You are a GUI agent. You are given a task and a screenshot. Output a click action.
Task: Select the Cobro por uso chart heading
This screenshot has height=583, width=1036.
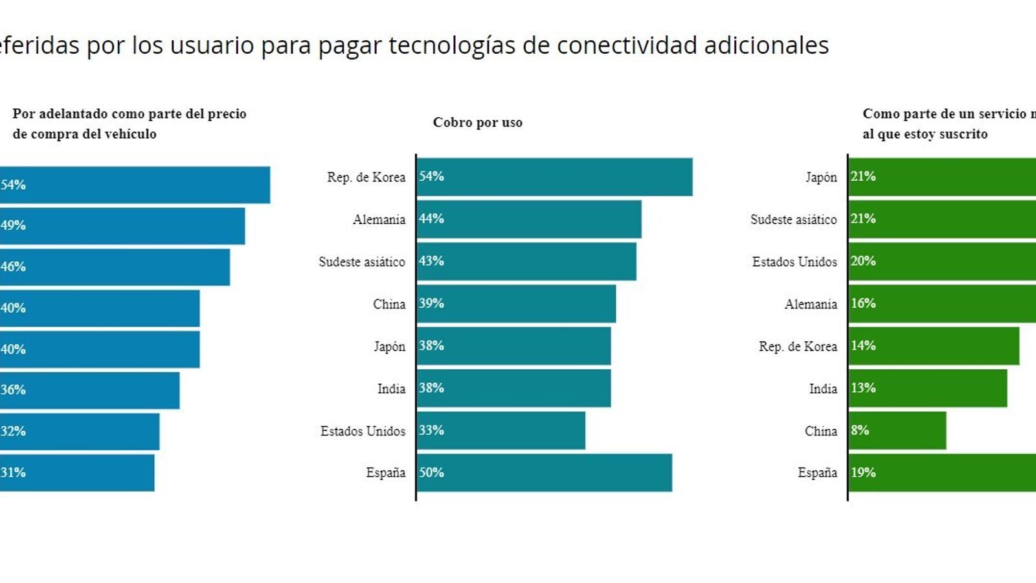pyautogui.click(x=477, y=122)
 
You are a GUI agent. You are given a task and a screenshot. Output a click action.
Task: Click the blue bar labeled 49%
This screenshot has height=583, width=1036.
pyautogui.click(x=123, y=225)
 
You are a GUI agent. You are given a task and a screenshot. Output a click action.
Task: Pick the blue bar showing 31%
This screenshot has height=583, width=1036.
pyautogui.click(x=78, y=472)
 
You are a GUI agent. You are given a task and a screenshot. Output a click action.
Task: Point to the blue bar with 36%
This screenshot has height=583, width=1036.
pyautogui.click(x=91, y=390)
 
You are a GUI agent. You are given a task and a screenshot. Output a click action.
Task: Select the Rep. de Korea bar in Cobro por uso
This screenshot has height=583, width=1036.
pyautogui.click(x=554, y=177)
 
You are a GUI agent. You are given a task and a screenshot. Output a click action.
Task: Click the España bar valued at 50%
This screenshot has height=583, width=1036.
pyautogui.click(x=544, y=473)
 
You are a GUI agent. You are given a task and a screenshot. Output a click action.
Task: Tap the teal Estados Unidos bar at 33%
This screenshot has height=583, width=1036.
pyautogui.click(x=501, y=431)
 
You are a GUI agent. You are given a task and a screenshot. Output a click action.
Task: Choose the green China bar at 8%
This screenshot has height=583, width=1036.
pyautogui.click(x=897, y=431)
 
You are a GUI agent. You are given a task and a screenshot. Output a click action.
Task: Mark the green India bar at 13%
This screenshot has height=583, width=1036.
pyautogui.click(x=927, y=389)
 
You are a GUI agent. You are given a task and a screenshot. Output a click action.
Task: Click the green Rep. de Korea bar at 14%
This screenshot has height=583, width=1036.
pyautogui.click(x=933, y=347)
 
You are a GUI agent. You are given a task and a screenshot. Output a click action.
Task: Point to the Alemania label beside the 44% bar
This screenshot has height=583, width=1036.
pyautogui.click(x=379, y=220)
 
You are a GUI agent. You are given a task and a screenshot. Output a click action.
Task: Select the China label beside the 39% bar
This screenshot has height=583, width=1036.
pyautogui.click(x=388, y=304)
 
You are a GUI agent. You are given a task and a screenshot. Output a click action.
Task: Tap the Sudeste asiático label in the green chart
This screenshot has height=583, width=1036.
pyautogui.click(x=793, y=220)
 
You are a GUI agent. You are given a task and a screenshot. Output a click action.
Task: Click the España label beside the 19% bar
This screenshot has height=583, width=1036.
pyautogui.click(x=817, y=473)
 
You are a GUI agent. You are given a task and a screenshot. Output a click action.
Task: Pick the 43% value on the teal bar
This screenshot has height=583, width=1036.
pyautogui.click(x=431, y=261)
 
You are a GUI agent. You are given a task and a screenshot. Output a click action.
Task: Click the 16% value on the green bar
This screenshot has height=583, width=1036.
pyautogui.click(x=863, y=303)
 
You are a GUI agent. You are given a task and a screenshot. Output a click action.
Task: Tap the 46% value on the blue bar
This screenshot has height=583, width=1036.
pyautogui.click(x=13, y=266)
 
